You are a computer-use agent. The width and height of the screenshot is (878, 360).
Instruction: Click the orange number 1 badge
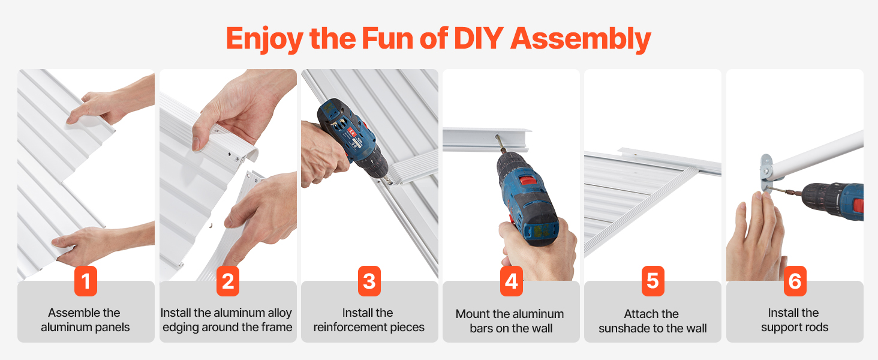click(x=85, y=281)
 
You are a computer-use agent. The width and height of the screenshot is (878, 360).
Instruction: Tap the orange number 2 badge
click(x=228, y=281)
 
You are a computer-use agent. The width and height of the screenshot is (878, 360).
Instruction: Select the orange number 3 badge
click(x=369, y=281)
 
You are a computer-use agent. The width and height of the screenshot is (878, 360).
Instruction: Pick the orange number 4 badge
click(x=511, y=281)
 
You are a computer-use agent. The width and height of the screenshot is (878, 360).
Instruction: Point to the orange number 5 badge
click(x=653, y=281)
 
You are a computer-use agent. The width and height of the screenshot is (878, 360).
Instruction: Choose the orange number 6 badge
click(x=795, y=281)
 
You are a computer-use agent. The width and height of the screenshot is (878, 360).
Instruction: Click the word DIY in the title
click(x=479, y=38)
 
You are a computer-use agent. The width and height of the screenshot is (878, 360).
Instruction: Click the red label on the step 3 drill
click(x=351, y=132)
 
